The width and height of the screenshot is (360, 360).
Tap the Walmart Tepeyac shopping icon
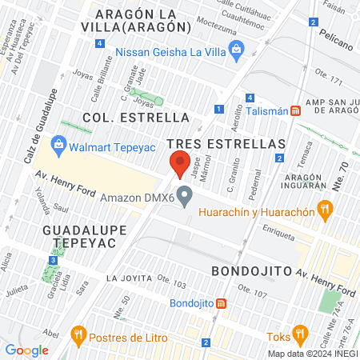[58, 145]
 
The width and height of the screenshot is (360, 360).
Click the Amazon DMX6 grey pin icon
[186, 195]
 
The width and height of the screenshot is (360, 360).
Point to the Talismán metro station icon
[296, 111]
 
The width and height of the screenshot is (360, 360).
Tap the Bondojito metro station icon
[221, 304]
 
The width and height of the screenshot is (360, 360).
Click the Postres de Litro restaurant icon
[78, 333]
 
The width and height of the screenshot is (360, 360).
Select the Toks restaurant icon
[300, 333]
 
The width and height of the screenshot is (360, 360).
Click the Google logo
[26, 350]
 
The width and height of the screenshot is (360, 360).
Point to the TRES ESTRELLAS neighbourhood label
[226, 142]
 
